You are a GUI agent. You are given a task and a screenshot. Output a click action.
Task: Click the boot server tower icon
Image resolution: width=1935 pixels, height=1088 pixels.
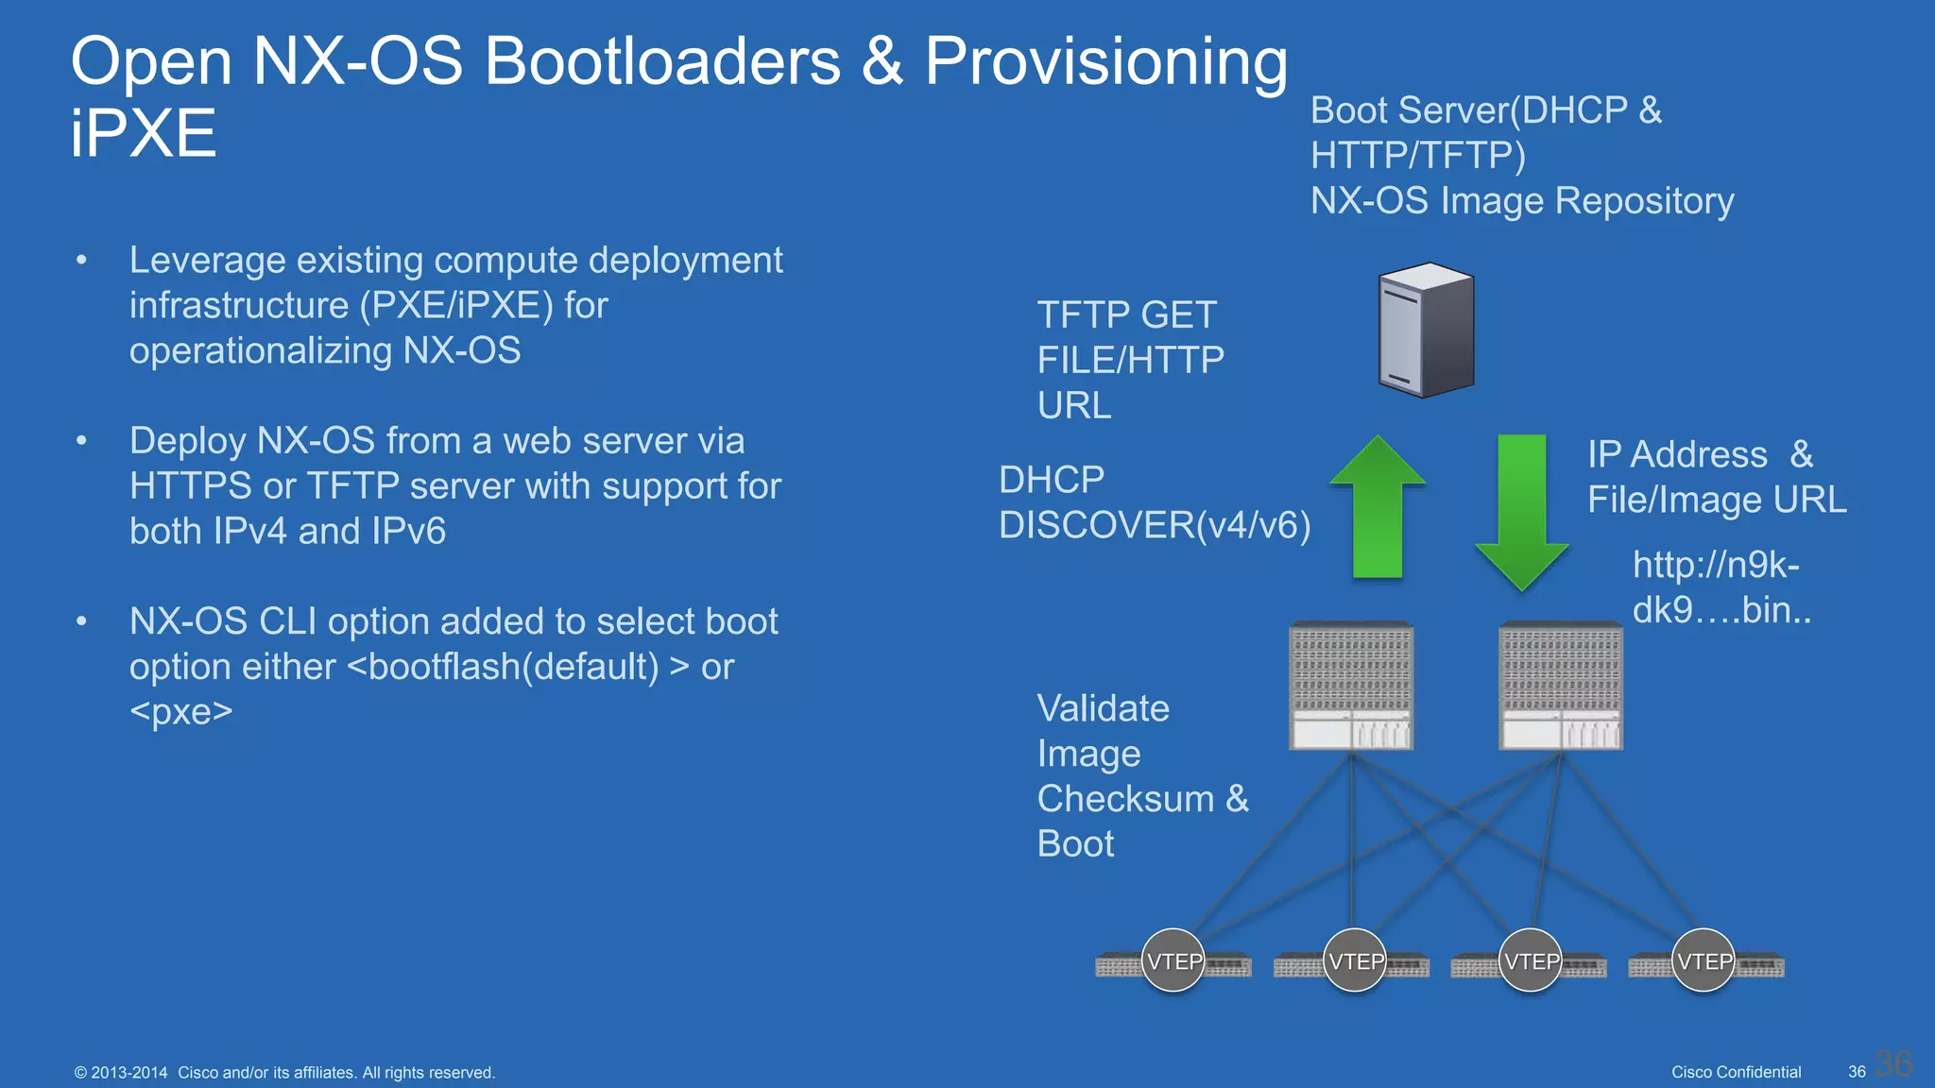tap(1426, 330)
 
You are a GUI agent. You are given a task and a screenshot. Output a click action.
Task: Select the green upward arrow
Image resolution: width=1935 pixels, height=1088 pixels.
tap(1378, 510)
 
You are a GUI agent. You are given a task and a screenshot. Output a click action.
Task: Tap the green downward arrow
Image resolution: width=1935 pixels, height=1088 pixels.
tap(1522, 510)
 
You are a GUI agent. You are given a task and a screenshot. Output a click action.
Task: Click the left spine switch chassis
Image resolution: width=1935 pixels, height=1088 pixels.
tap(1351, 686)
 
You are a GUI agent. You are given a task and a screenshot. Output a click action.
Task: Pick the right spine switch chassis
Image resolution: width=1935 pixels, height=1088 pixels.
tap(1561, 686)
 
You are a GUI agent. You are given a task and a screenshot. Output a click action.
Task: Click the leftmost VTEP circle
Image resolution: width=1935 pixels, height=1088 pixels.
tap(1173, 960)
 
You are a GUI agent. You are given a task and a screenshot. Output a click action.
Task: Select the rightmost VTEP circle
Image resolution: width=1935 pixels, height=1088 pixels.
tap(1704, 960)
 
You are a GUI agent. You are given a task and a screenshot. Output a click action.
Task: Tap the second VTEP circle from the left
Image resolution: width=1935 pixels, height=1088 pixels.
tap(1355, 960)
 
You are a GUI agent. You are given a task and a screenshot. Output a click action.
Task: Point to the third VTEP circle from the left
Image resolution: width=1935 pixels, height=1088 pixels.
tap(1531, 960)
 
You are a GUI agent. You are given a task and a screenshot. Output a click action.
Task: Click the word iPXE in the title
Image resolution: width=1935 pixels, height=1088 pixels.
tap(144, 133)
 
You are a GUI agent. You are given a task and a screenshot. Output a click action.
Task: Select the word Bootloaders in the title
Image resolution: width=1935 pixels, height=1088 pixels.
tap(661, 61)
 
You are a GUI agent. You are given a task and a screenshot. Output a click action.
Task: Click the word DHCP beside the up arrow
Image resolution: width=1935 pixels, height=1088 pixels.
tap(1052, 480)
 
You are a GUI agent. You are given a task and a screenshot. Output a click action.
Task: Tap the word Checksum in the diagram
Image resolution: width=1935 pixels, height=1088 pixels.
tap(1125, 799)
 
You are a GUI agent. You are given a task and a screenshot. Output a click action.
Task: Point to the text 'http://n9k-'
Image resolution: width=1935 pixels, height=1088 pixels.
tap(1716, 565)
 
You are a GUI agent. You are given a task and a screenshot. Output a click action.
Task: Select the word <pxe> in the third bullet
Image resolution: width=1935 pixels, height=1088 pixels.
tap(181, 711)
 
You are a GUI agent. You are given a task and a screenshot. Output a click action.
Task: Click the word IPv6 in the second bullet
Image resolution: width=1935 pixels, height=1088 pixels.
tap(408, 532)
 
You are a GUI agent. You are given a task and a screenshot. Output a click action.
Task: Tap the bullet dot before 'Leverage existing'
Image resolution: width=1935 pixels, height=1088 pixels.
tap(82, 260)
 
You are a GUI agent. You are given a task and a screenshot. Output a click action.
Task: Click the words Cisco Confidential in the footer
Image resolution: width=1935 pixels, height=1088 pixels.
tap(1736, 1072)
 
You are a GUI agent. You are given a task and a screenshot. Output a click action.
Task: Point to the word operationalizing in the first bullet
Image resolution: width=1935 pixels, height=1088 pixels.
tap(260, 350)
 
